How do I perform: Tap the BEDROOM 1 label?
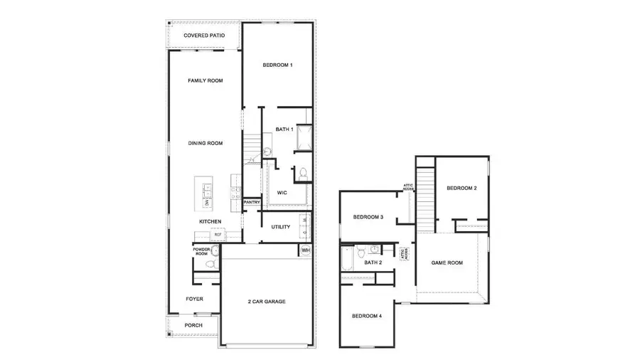pos(277,65)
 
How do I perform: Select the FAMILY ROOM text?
pos(205,80)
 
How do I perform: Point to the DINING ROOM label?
pos(205,143)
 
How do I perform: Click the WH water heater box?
pos(305,250)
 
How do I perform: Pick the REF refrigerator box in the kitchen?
pos(218,234)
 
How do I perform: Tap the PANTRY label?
pos(252,202)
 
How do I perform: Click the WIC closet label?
pos(282,192)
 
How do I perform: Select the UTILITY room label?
pos(280,227)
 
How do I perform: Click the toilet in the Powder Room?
pos(209,264)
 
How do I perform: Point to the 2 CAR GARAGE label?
pos(267,302)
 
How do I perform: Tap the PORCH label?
pos(193,325)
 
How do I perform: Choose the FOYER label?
pos(194,299)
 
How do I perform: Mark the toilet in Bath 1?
pos(302,173)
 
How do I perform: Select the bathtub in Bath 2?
pos(346,261)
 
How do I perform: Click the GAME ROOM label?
pos(447,263)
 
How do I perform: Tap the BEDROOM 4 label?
pos(368,315)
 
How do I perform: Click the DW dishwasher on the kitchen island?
pos(206,203)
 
